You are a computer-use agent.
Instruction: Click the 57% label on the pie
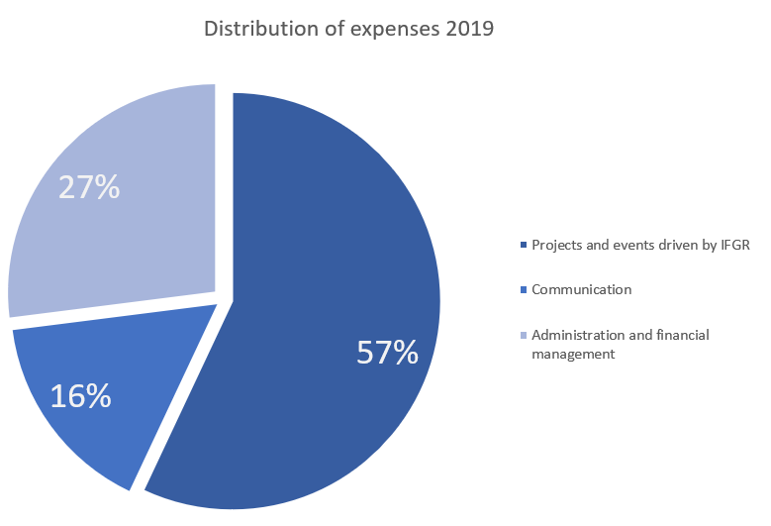(x=387, y=353)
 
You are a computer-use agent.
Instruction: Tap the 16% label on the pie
(x=80, y=395)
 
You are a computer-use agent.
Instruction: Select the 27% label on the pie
(x=89, y=187)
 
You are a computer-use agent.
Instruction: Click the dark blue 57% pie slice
(x=327, y=248)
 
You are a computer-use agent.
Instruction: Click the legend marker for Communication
(x=524, y=290)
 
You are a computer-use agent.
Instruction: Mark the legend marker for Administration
(x=524, y=335)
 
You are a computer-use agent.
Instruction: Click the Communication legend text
(x=581, y=290)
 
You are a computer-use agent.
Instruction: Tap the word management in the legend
(x=573, y=354)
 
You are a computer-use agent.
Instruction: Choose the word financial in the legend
(x=681, y=335)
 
